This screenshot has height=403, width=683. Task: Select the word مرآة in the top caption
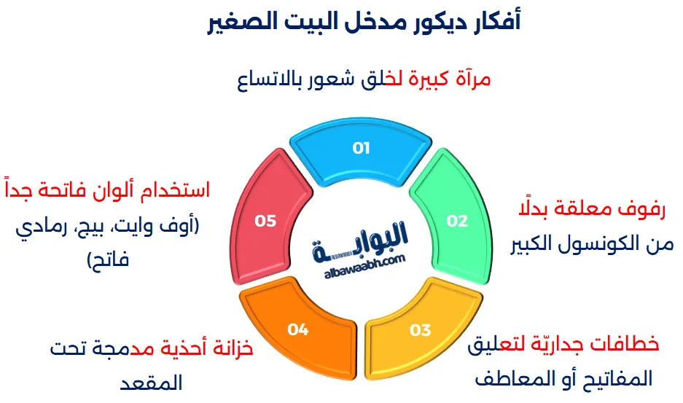coord(471,79)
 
